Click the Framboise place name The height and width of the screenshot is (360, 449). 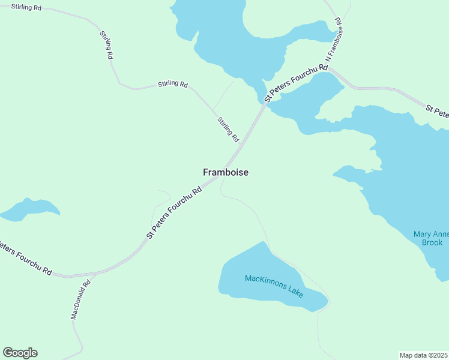coord(225,172)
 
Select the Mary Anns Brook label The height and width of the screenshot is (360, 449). coord(432,238)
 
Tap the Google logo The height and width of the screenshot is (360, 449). coord(20,353)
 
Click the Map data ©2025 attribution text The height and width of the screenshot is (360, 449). coord(423,355)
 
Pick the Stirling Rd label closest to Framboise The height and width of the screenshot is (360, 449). coord(228,129)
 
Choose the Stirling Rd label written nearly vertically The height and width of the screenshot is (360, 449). coord(107,44)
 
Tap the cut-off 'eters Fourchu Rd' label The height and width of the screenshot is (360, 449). coord(25,259)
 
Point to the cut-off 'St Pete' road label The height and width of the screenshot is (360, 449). coord(438,112)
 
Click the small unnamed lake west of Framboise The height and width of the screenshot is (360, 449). coord(30,208)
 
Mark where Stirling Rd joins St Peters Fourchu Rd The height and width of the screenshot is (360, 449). coord(242,144)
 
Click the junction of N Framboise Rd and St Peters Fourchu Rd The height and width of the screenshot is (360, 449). coord(329,68)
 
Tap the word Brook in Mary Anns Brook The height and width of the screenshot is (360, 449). coord(432,242)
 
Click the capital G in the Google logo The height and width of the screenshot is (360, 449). coord(8,353)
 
